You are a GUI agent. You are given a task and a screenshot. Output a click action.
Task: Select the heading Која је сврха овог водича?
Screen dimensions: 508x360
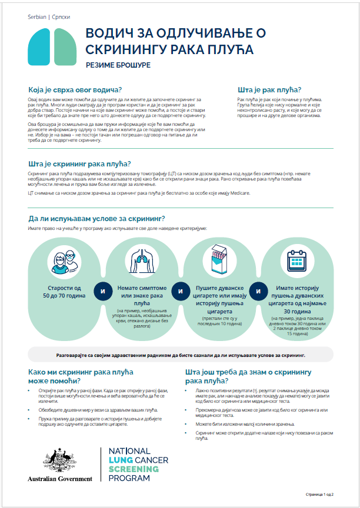click(79, 89)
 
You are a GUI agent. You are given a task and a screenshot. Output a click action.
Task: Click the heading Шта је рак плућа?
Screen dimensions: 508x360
click(269, 89)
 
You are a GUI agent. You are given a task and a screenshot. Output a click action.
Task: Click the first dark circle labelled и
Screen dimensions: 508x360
click(103, 291)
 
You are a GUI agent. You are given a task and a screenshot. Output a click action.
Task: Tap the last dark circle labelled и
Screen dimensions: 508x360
click(257, 291)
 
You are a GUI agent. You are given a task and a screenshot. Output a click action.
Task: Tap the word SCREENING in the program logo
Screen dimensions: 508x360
click(134, 469)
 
